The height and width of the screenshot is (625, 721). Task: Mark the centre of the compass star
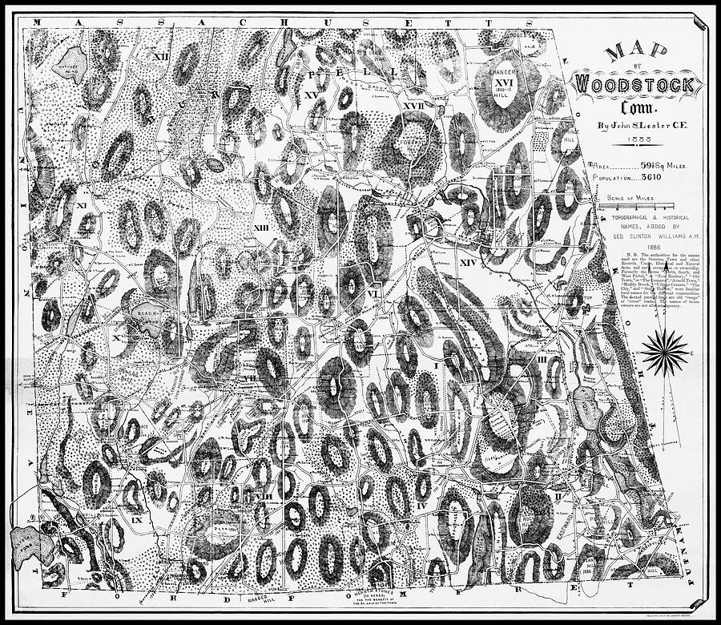pyautogui.click(x=665, y=353)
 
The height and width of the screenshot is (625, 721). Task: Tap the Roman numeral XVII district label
pyautogui.click(x=413, y=106)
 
